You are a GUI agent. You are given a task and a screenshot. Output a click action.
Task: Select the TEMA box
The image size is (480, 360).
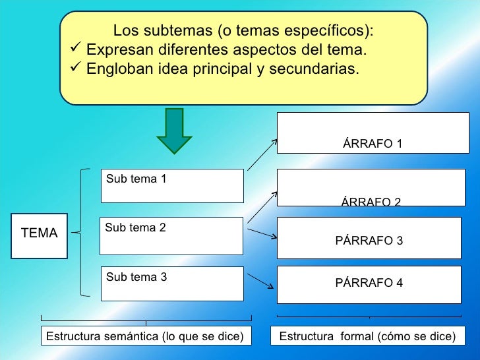click(40, 233)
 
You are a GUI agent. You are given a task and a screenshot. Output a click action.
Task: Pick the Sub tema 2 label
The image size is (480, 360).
click(136, 227)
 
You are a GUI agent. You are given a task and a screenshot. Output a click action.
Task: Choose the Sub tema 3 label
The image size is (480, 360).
click(136, 277)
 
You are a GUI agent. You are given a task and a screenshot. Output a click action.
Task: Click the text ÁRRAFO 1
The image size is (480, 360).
click(373, 144)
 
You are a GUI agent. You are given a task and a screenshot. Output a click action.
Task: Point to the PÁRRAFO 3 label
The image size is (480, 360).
click(369, 241)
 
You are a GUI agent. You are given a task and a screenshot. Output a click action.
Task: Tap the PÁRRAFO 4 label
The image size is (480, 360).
click(369, 283)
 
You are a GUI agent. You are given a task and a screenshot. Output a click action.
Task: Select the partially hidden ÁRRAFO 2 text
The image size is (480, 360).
click(371, 202)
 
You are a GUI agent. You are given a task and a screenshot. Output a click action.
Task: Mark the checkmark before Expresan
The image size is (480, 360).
click(75, 50)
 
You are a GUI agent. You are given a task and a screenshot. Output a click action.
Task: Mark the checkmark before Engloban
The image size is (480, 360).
click(75, 69)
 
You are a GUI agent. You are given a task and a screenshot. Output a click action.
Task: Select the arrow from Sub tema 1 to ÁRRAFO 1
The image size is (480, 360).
click(262, 156)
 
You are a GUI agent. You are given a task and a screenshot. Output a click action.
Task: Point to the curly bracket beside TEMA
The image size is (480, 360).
click(82, 232)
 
